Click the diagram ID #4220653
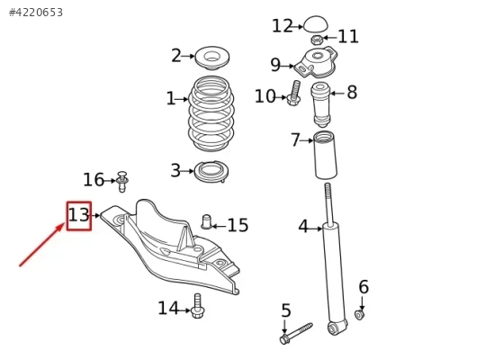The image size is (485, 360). (36, 13)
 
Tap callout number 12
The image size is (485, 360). (283, 26)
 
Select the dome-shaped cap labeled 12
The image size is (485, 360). (316, 23)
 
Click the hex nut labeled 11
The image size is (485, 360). (317, 40)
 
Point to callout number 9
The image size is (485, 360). (275, 65)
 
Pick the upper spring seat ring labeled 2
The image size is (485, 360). (212, 58)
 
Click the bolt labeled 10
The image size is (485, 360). (294, 93)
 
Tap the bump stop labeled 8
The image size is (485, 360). (320, 104)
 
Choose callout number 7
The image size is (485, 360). (295, 139)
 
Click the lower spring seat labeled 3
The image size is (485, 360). (211, 172)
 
